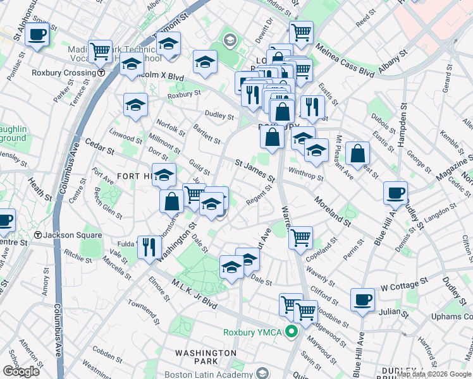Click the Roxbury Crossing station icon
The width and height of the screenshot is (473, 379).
click(x=101, y=73)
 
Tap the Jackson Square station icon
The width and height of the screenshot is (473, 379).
click(x=39, y=236)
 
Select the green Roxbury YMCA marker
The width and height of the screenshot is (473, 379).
click(x=292, y=331)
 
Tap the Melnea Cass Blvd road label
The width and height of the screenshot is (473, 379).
click(x=346, y=56)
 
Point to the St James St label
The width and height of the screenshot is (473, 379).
click(x=255, y=171)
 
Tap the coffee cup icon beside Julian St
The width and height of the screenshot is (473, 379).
click(x=363, y=299)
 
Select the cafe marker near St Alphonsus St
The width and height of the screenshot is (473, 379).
click(x=37, y=34)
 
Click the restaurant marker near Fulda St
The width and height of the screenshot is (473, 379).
click(x=149, y=246)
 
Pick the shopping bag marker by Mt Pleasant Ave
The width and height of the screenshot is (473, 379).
click(x=357, y=152)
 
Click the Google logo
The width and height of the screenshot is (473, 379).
click(x=21, y=371)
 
